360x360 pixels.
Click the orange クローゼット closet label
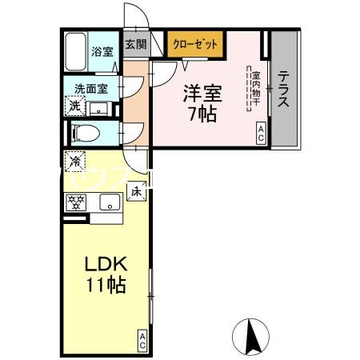click(x=195, y=45)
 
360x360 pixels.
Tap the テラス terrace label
click(x=284, y=90)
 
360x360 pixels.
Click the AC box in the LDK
click(x=142, y=341)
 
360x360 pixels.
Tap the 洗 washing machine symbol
click(x=74, y=106)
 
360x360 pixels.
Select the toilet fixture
click(x=85, y=133)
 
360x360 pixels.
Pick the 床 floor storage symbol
click(x=136, y=191)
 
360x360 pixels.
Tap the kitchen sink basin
click(x=107, y=203)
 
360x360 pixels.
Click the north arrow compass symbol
click(x=250, y=337)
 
